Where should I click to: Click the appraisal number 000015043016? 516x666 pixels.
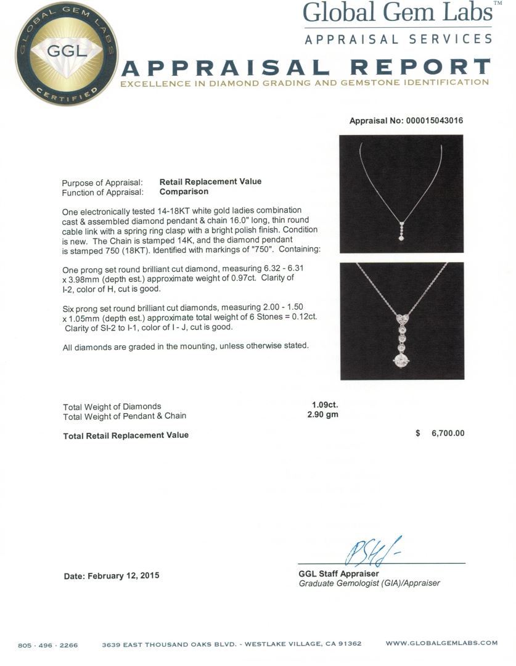click(x=434, y=121)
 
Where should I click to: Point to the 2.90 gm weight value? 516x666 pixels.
click(x=322, y=415)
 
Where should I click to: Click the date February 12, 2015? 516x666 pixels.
click(x=112, y=575)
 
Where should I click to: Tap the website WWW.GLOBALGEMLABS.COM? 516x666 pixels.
click(x=441, y=643)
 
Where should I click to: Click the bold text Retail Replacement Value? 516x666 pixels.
click(x=210, y=181)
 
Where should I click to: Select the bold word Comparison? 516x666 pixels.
click(x=184, y=191)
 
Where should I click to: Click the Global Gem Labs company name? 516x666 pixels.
click(x=397, y=13)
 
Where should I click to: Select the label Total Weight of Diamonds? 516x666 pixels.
click(x=112, y=406)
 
